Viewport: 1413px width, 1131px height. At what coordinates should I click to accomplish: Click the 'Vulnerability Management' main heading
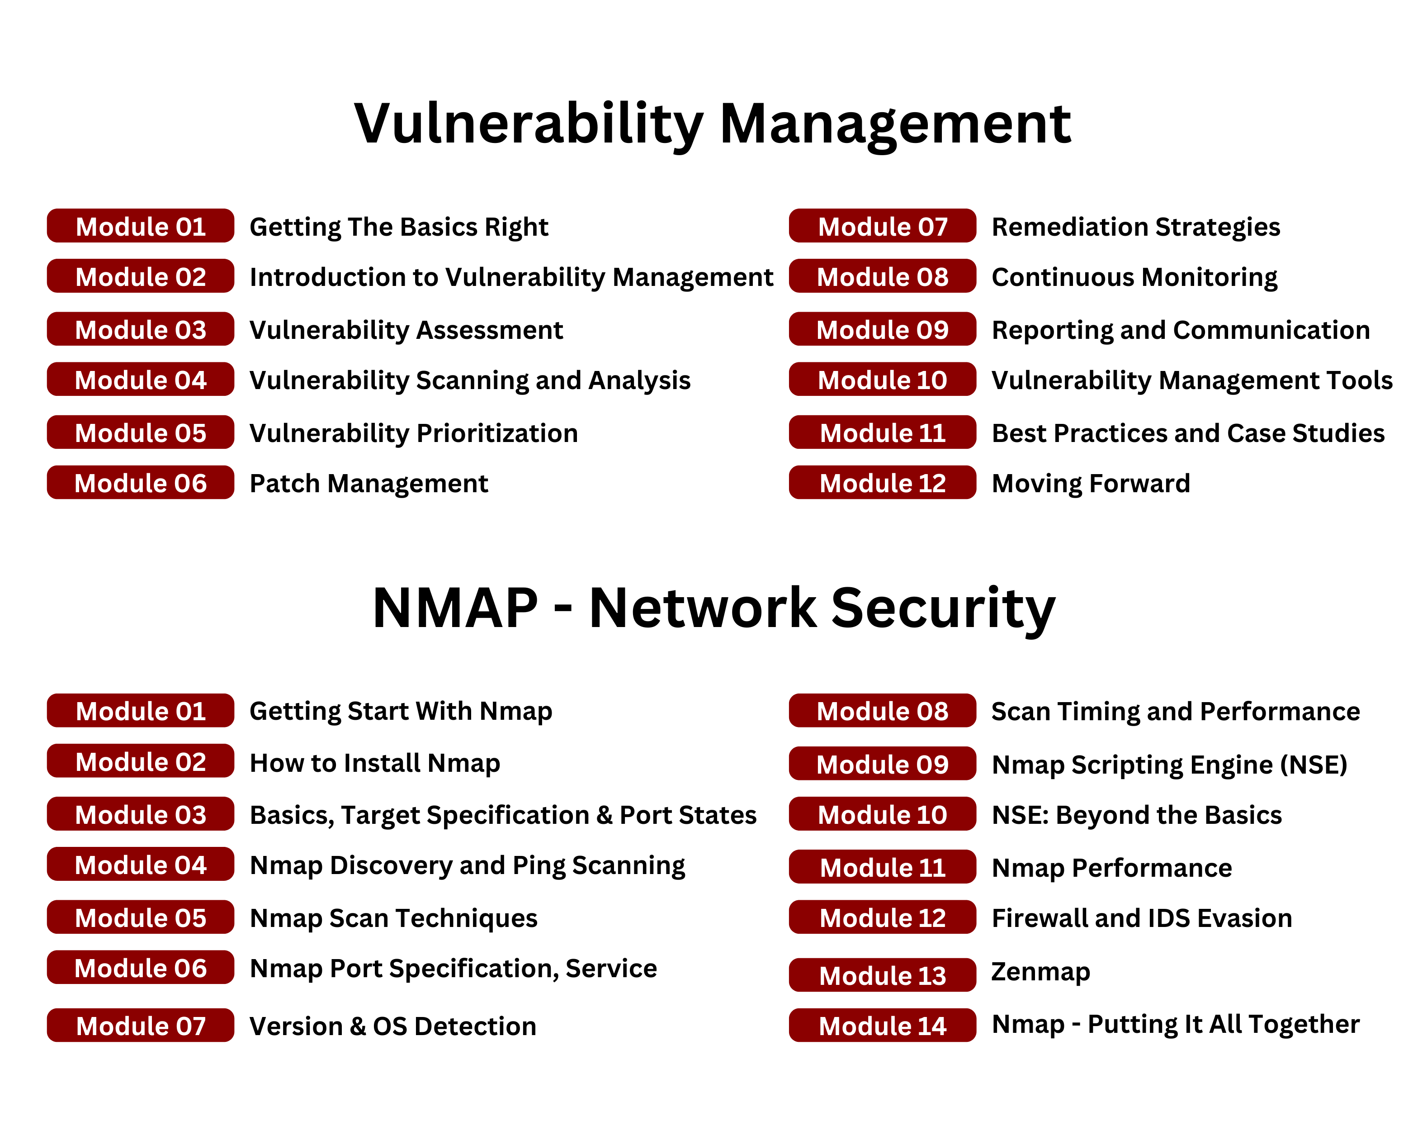[x=713, y=124]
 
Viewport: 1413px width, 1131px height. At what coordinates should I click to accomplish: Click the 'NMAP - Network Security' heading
[x=714, y=608]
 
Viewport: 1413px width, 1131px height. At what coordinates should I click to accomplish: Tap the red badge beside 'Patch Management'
[x=140, y=483]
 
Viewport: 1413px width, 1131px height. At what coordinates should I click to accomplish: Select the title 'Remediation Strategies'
[x=1136, y=227]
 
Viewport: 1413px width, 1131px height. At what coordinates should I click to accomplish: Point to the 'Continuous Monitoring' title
[x=1134, y=277]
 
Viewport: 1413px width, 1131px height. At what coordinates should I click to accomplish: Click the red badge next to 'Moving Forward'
[x=882, y=483]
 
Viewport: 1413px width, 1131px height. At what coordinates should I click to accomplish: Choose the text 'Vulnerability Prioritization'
[x=414, y=433]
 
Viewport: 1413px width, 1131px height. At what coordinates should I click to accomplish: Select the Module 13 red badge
[x=882, y=975]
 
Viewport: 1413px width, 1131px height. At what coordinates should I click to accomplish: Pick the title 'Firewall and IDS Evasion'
[x=1142, y=918]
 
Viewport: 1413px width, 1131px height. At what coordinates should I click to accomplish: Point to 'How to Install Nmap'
[x=375, y=763]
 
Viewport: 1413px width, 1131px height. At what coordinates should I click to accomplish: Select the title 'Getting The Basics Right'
[x=399, y=227]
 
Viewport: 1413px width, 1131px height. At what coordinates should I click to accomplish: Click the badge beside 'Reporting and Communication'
[x=882, y=329]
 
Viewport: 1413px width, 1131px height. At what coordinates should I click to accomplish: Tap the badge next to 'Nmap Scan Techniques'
[x=140, y=917]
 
